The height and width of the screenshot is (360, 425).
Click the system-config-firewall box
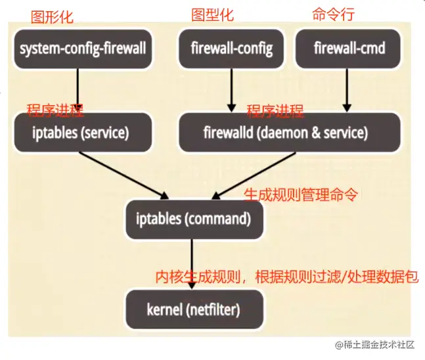coord(82,48)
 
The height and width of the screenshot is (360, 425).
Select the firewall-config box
coord(231,48)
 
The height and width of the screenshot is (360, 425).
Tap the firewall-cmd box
coord(349,48)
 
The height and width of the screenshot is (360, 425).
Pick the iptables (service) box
coord(81,132)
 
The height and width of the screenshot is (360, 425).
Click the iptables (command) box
coord(194,217)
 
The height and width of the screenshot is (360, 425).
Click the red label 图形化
coord(52,14)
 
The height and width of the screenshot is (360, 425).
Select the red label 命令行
coord(330,14)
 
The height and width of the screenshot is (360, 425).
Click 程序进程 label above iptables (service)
coord(55,109)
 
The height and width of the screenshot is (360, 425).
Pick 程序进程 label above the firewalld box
coord(275,109)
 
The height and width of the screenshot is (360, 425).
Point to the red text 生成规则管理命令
coord(302,194)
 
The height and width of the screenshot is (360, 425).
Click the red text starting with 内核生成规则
coord(286,277)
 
